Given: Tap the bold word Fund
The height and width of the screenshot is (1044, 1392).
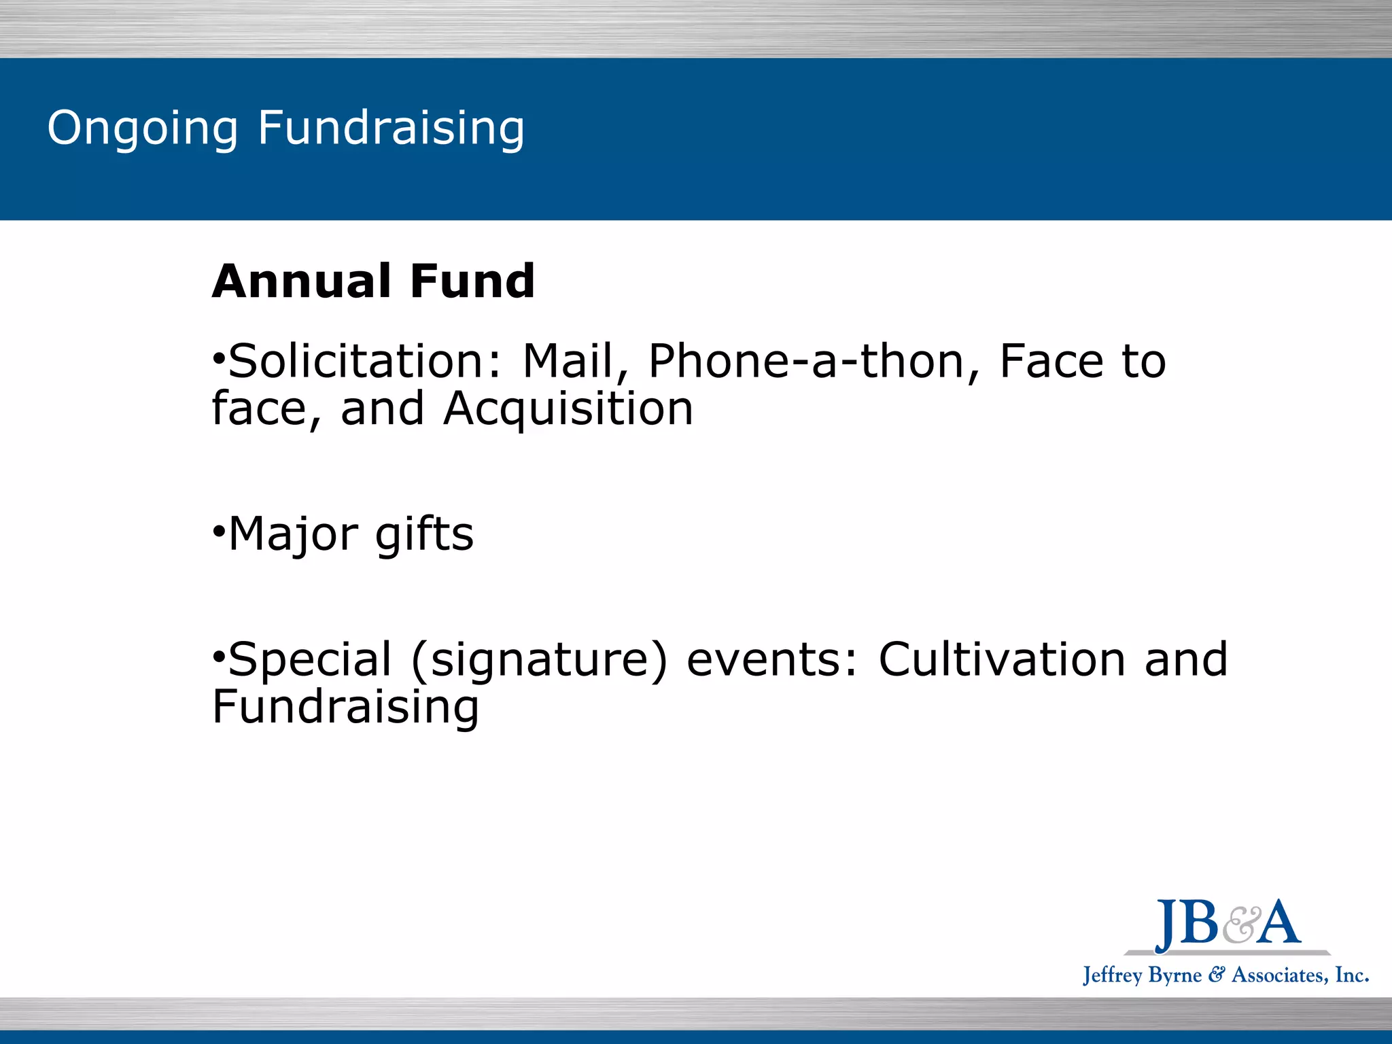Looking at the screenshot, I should coord(472,281).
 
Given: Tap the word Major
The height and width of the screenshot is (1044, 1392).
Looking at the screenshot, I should coord(292,534).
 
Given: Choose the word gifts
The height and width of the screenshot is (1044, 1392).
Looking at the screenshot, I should coord(424,534).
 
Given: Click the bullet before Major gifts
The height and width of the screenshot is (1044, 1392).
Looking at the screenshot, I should coord(218,530).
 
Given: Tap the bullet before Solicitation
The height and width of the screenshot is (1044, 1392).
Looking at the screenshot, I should coord(218,358).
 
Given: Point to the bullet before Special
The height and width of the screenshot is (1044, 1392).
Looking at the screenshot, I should coord(218,657).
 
